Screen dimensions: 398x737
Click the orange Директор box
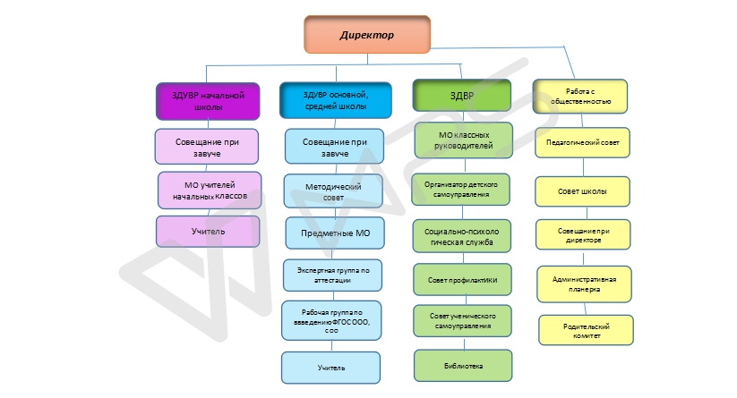point(366,35)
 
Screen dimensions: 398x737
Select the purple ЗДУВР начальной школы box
point(208,99)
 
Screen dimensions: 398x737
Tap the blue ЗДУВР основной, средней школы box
point(335,99)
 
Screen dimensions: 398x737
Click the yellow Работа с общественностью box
point(579,96)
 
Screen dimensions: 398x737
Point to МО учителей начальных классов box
point(209,190)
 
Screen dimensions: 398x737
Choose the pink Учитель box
point(207,232)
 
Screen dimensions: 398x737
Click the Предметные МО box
point(333,233)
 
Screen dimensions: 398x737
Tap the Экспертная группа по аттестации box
point(332,275)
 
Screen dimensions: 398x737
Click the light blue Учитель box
point(331,368)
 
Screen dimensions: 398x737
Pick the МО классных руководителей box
point(463,140)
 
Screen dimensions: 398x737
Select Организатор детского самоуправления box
point(461,189)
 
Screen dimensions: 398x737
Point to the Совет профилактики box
point(462,279)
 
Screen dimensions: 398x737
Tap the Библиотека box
point(462,365)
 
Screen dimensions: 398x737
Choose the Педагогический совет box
point(582,142)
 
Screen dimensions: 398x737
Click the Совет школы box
point(582,191)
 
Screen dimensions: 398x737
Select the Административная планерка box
point(583,284)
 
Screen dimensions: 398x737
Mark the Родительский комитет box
point(586,330)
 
